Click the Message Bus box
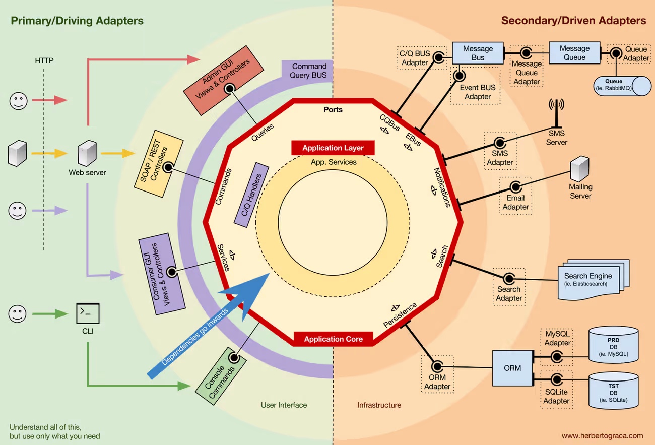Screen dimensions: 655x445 pos(478,53)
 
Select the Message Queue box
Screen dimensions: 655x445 pos(574,52)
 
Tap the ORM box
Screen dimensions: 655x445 pos(512,368)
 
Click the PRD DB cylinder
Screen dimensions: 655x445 pos(613,345)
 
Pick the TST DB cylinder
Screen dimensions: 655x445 pos(613,391)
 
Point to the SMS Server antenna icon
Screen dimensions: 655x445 pos(556,113)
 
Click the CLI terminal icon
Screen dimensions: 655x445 pos(88,313)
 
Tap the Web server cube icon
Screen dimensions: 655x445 pos(87,153)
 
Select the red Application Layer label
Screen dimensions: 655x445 pos(333,148)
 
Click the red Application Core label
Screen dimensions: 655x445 pos(334,339)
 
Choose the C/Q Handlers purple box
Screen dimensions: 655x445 pos(251,195)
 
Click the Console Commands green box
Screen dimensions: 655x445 pos(221,376)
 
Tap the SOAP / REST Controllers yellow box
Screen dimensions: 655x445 pos(159,164)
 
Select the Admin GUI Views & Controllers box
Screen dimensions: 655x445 pos(224,81)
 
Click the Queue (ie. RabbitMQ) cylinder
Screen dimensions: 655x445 pos(622,86)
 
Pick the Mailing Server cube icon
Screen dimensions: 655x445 pos(579,169)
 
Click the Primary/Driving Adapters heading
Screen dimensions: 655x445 pos(77,21)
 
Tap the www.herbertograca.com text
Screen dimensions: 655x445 pos(603,435)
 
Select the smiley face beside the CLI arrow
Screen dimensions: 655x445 pos(17,314)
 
